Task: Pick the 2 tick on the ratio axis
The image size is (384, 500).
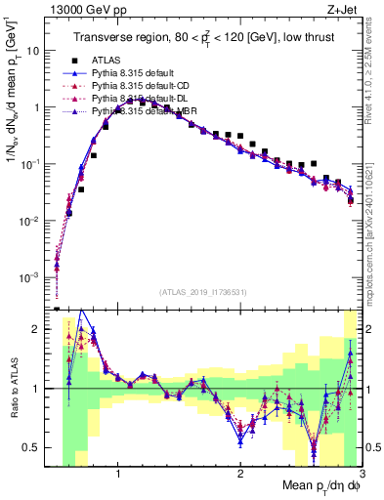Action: tap(39, 329)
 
